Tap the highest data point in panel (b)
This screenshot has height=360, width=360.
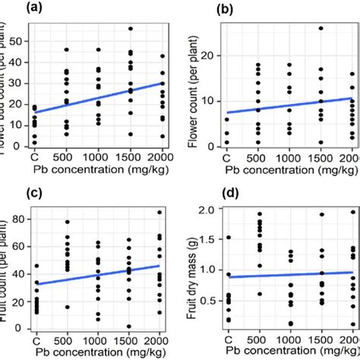(321, 28)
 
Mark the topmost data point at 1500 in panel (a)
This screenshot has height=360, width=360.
(130, 29)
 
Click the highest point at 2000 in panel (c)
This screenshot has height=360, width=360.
(159, 212)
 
